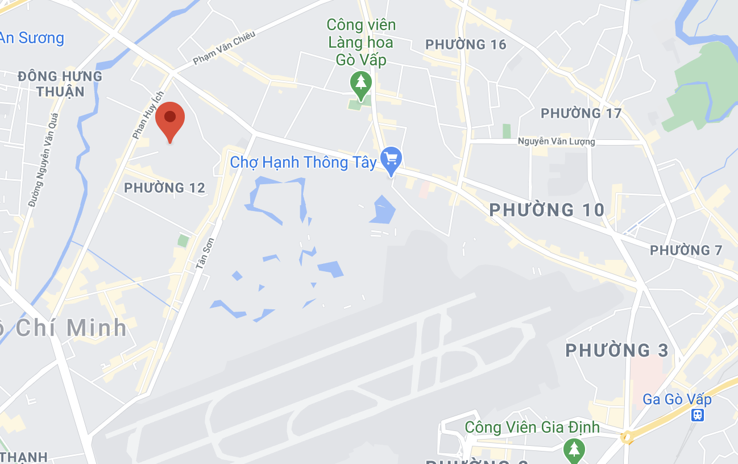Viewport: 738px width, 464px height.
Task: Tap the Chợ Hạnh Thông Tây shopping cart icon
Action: tap(391, 158)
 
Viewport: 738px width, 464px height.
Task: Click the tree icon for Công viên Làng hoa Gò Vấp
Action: tap(360, 83)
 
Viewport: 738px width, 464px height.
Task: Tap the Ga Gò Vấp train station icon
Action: tap(698, 415)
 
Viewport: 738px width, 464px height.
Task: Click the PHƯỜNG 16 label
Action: tap(466, 44)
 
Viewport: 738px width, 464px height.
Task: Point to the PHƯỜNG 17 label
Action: tap(581, 113)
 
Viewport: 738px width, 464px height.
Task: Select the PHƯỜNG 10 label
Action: tap(547, 210)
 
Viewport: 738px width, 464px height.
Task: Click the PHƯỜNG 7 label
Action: tap(686, 250)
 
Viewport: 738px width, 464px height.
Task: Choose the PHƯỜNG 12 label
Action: tap(164, 187)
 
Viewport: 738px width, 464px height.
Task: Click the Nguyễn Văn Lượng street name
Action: tap(557, 142)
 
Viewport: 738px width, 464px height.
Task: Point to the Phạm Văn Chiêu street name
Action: tap(224, 48)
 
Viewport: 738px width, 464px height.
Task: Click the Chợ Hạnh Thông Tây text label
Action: tap(303, 163)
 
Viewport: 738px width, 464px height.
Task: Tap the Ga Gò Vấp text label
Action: tap(677, 399)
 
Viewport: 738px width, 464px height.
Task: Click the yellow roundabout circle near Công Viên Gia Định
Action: tap(627, 437)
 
